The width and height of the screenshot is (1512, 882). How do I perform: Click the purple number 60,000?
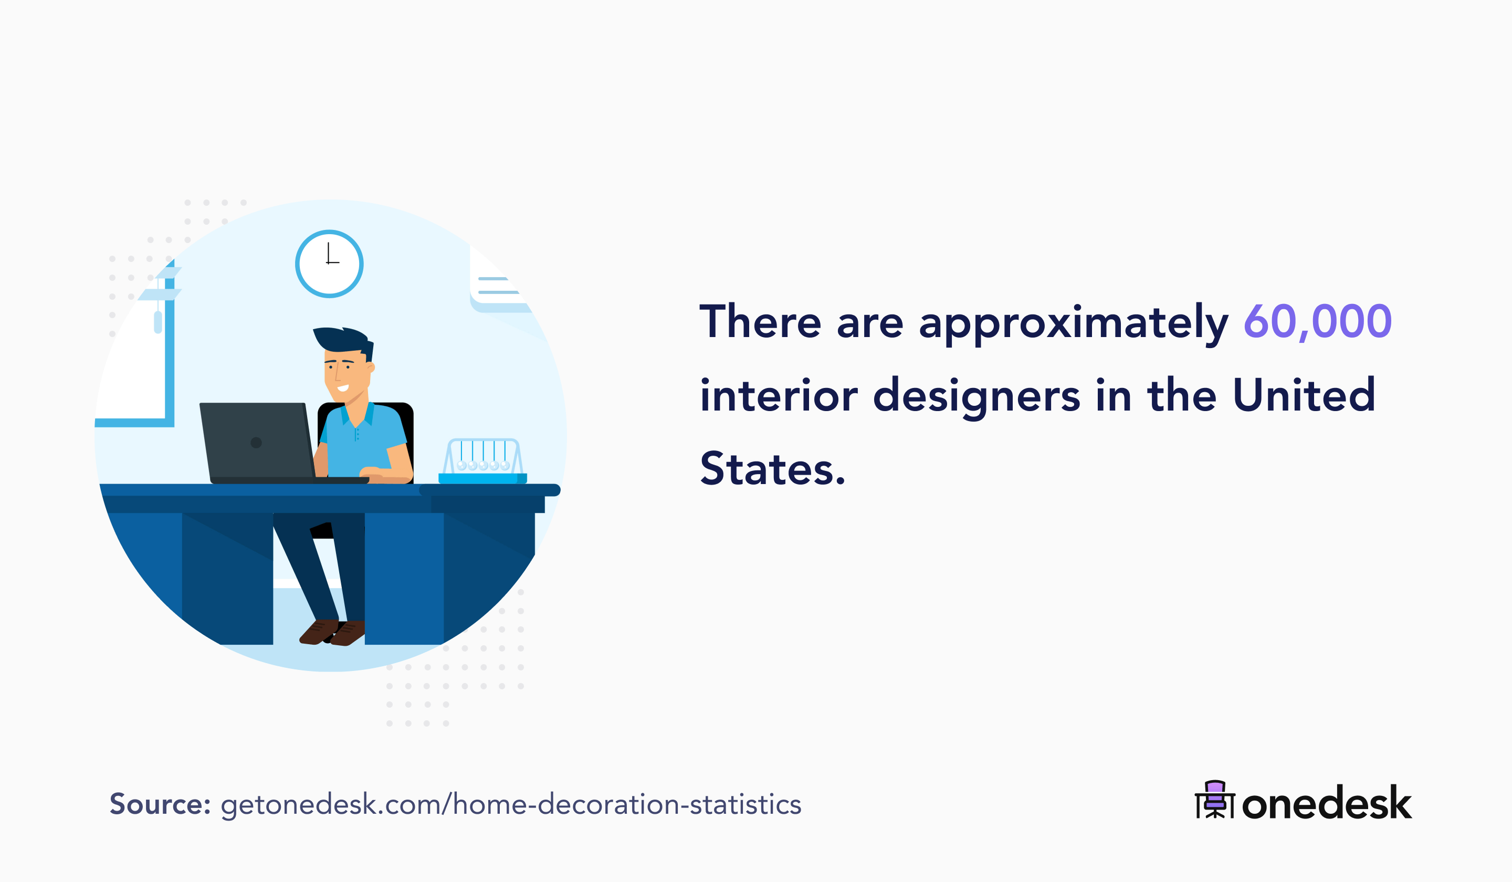tap(1317, 322)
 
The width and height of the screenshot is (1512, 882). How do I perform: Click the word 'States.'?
tap(772, 469)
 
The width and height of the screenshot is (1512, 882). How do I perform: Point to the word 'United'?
tap(1304, 395)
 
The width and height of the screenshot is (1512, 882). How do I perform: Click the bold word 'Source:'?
tap(160, 804)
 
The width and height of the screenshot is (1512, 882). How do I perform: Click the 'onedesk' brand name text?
tap(1327, 803)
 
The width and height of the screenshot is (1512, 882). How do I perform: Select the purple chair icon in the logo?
tap(1215, 799)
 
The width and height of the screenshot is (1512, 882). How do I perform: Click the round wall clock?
tap(329, 264)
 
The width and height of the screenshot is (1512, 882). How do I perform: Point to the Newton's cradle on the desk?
tap(483, 461)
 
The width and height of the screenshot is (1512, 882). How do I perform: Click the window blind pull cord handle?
tap(158, 322)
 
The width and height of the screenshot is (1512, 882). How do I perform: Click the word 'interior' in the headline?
tap(779, 396)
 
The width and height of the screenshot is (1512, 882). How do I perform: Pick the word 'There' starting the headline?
tap(760, 322)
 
